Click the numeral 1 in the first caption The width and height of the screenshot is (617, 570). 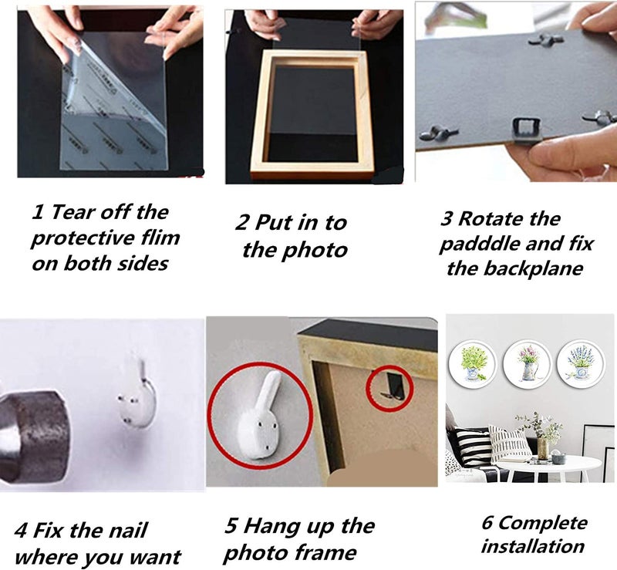pos(37,212)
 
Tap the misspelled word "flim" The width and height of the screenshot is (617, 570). pos(160,238)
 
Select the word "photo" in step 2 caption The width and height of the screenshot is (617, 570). pos(315,251)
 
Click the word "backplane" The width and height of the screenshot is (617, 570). pos(533,268)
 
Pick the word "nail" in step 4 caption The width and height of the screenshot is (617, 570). pos(127,530)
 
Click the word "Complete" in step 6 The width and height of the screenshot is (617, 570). pos(543,523)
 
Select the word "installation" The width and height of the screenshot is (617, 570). pos(533,546)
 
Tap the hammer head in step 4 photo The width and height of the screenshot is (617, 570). pos(32,436)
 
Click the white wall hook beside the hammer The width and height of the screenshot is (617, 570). pos(139,393)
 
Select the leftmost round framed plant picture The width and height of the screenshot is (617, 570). pos(474,365)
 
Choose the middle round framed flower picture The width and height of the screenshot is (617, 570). pos(528,365)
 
